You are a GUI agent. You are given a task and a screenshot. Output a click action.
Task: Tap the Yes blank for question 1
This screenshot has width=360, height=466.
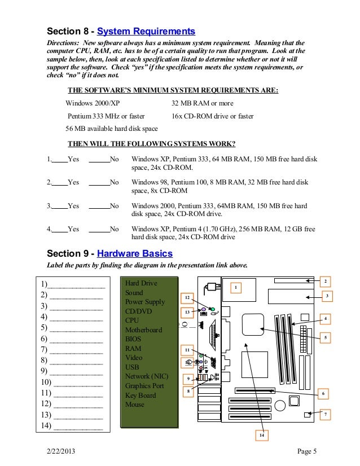point(59,159)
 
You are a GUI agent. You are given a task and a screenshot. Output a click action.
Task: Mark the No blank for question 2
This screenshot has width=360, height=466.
point(99,182)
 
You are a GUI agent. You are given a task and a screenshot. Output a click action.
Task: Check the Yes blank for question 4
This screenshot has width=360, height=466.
point(59,229)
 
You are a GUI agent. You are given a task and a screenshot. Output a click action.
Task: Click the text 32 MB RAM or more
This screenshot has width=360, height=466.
point(201,103)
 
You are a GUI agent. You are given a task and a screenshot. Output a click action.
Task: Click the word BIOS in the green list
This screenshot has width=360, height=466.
point(134,339)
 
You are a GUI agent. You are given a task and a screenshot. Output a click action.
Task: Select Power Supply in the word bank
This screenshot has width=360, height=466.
point(145,302)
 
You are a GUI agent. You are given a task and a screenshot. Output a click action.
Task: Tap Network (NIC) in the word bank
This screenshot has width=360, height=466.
point(147,376)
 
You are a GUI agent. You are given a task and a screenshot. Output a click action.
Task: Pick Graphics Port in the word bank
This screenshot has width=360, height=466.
point(144,386)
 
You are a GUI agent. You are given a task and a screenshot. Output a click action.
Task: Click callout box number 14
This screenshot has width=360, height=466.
point(261,435)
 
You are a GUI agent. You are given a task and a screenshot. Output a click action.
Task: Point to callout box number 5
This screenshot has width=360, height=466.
point(326,337)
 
